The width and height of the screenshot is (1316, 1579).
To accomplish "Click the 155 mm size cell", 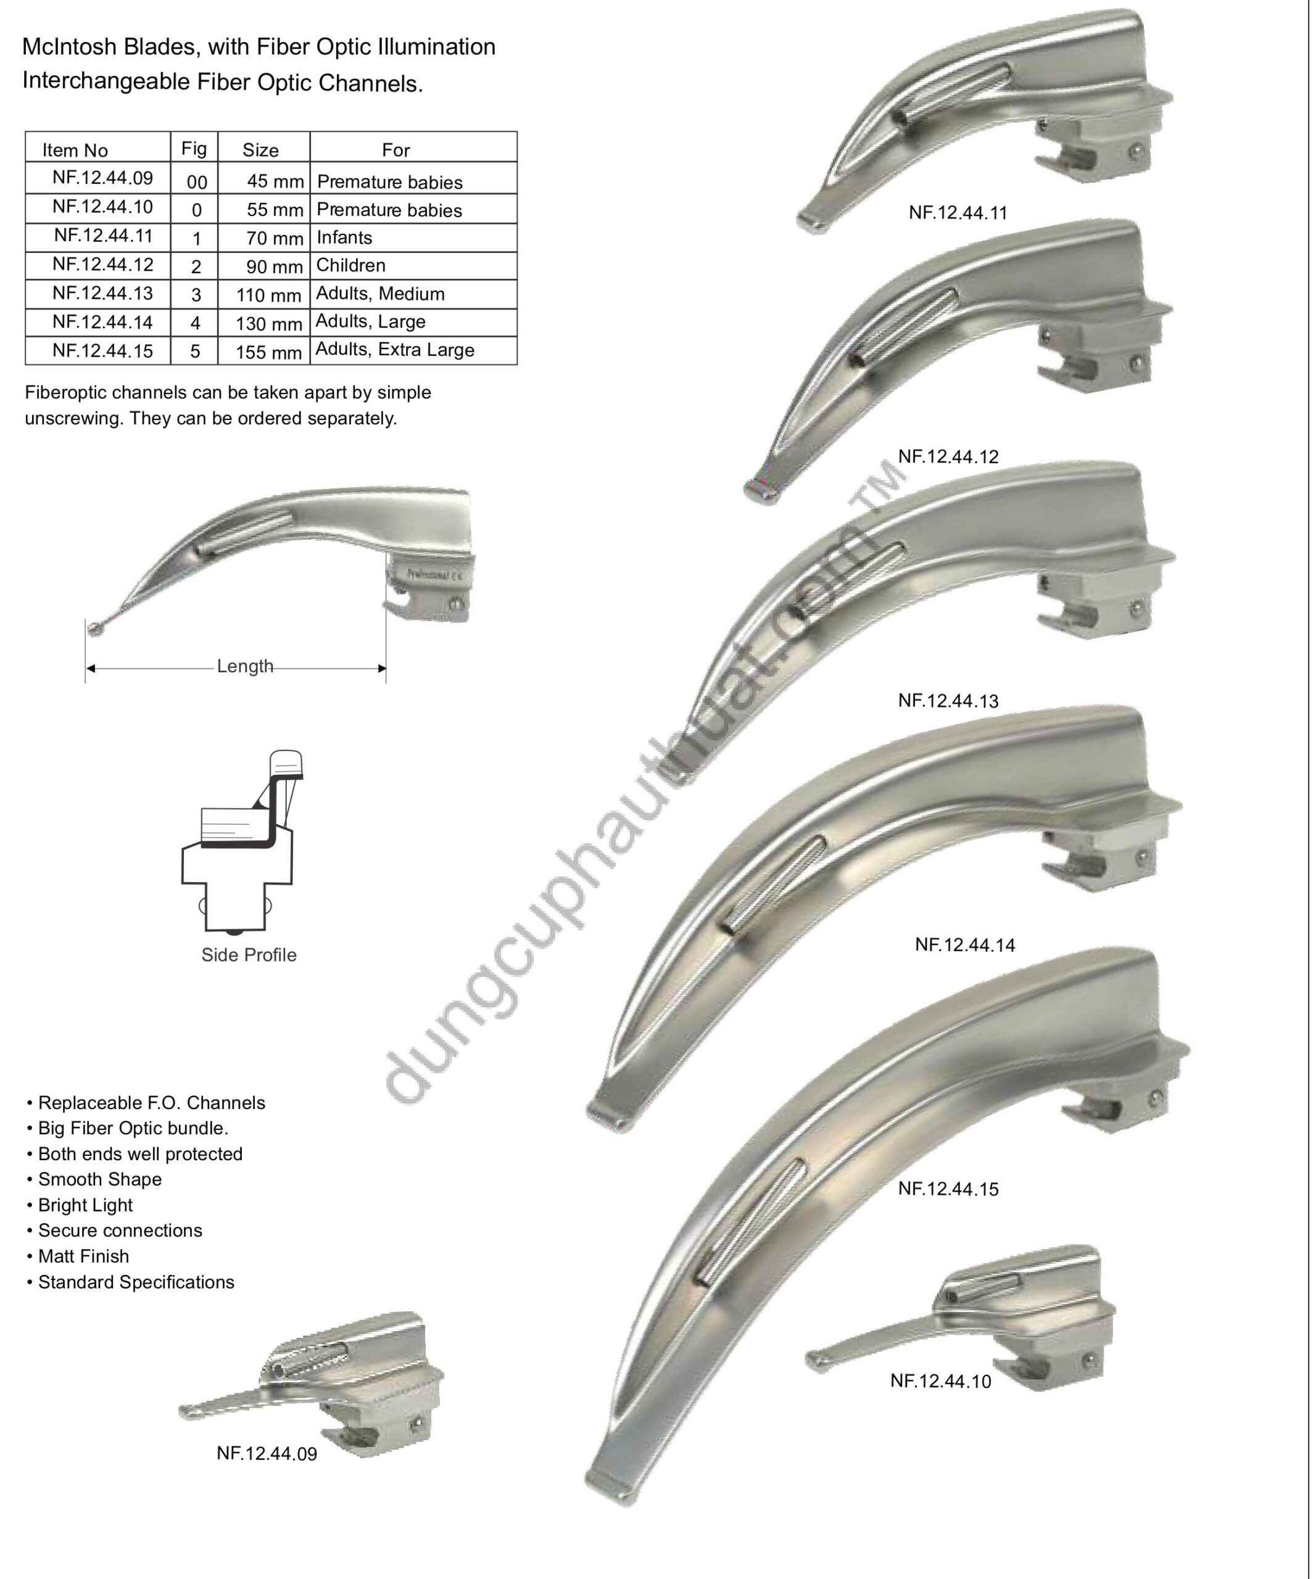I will coord(268,352).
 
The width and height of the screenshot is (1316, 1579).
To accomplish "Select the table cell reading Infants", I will coord(344,237).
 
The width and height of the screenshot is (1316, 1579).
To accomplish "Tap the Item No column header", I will coord(75,150).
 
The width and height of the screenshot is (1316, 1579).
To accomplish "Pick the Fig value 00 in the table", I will coord(197,182).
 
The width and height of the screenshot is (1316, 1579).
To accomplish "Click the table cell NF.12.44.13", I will coord(103,293).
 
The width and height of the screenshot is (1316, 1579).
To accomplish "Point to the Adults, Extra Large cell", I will coord(395,350).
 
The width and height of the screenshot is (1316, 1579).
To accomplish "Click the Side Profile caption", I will coord(249,955).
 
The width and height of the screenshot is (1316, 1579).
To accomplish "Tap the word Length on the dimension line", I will coord(244,666).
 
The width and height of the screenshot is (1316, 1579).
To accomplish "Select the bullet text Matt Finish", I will coord(83,1256).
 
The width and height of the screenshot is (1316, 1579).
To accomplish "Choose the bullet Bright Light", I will coord(86,1205).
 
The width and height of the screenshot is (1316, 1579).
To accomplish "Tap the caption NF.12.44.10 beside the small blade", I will coord(941,1381).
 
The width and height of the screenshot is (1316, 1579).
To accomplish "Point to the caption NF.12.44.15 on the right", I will coord(948,1189).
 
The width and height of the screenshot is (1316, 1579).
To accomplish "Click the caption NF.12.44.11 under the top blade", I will coord(958,213).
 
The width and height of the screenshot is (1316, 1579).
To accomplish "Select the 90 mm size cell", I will coord(275,267).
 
